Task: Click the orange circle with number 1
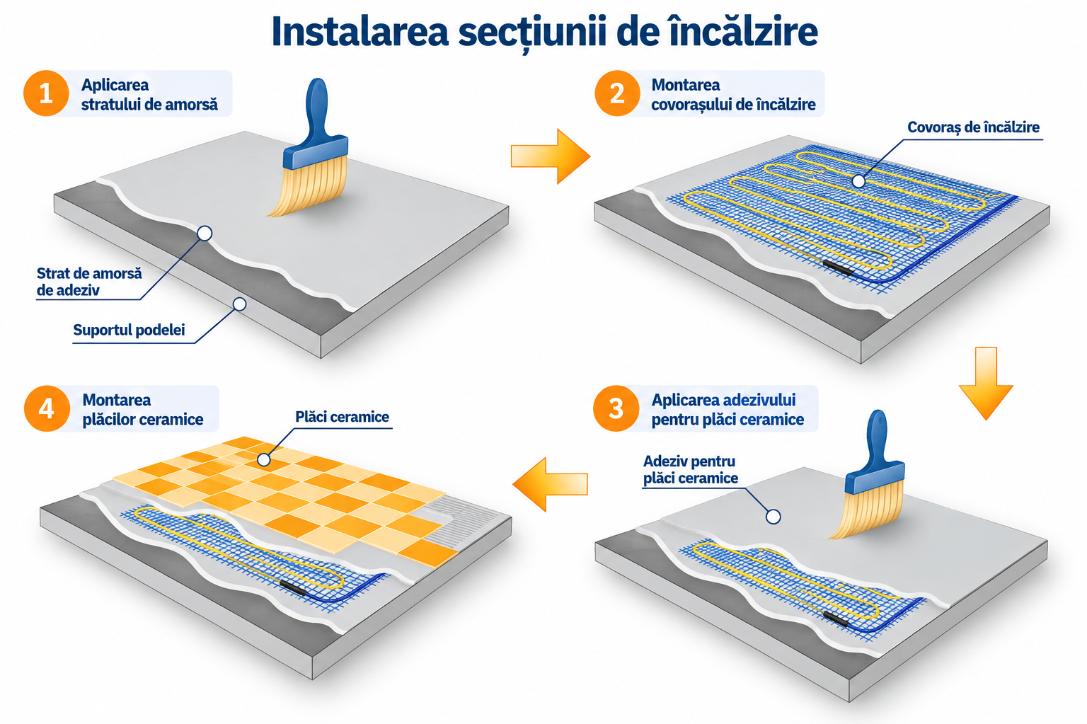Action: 46,93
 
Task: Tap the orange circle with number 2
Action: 617,93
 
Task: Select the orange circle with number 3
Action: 616,408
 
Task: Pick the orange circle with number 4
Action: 47,408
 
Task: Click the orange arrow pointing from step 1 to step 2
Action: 551,156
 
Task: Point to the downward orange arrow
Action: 986,384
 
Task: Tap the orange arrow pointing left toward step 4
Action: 550,484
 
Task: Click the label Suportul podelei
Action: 129,330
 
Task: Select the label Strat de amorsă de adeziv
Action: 89,282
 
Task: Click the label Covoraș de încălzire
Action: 974,127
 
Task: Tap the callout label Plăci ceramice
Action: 342,417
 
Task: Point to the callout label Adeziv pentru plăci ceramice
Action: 690,470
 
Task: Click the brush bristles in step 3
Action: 866,510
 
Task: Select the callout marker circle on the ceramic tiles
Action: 263,459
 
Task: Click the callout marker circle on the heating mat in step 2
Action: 858,181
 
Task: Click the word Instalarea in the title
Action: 360,32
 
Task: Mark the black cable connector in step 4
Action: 292,587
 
